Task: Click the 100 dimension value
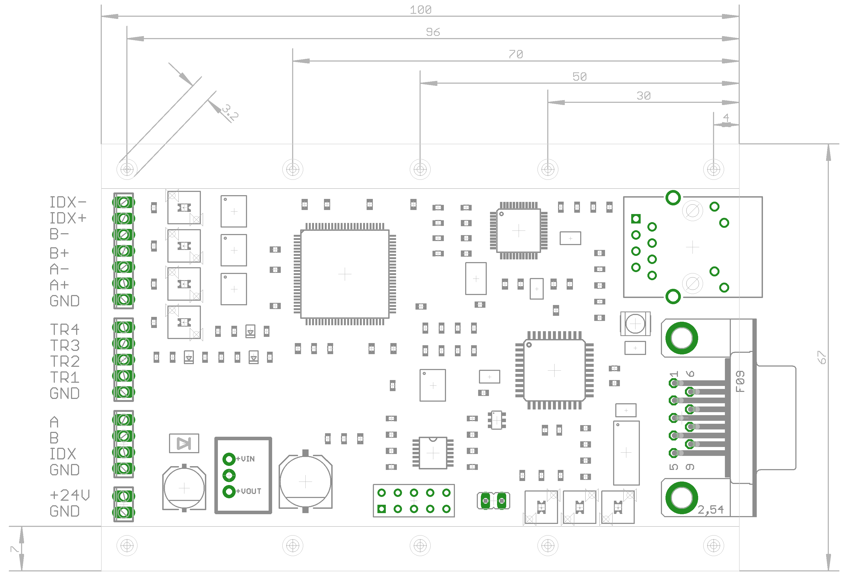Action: [x=420, y=10]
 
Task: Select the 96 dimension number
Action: [x=433, y=32]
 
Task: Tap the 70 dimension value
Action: [x=516, y=54]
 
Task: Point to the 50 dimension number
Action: [x=579, y=77]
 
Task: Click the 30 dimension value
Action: [x=643, y=96]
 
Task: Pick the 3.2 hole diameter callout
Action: [x=230, y=112]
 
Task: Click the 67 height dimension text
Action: [x=821, y=357]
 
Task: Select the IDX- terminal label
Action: [x=68, y=202]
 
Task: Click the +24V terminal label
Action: [x=70, y=495]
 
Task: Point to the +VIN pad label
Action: [x=246, y=459]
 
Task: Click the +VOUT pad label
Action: [x=249, y=491]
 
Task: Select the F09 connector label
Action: [x=740, y=381]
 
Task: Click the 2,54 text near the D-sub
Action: [x=710, y=510]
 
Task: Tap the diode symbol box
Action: [x=184, y=443]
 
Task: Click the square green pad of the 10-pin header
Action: [x=382, y=509]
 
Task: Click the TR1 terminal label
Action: [x=65, y=377]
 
